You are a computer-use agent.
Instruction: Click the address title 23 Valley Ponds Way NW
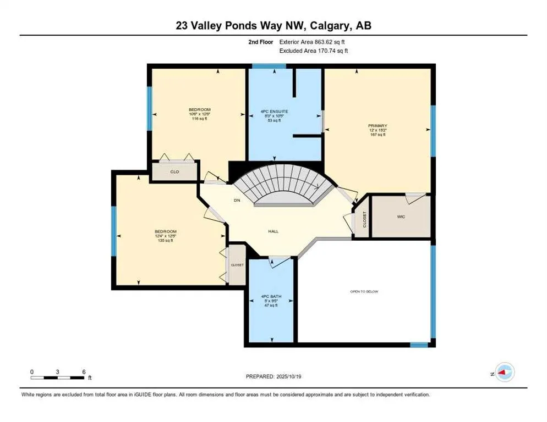tap(273, 25)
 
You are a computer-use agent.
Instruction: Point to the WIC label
tap(401, 216)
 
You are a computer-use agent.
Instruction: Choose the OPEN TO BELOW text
tap(364, 291)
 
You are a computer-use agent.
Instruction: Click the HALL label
tap(273, 231)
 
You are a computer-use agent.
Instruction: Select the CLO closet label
tap(174, 172)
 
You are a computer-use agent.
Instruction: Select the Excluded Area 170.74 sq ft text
tap(313, 51)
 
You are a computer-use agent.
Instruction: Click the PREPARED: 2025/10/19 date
tap(273, 376)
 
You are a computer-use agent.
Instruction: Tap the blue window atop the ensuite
tap(269, 66)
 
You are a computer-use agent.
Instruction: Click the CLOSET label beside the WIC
tap(364, 219)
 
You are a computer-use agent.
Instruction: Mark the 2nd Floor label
tap(260, 42)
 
